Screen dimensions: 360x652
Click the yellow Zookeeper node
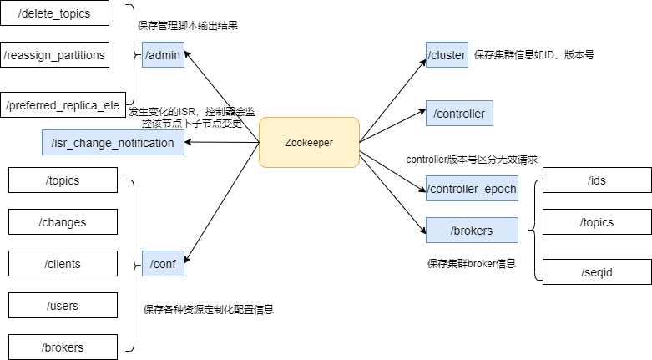pyautogui.click(x=309, y=143)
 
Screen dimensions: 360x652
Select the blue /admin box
pyautogui.click(x=163, y=55)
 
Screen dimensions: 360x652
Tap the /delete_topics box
pyautogui.click(x=54, y=14)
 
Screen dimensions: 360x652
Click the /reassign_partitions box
pyautogui.click(x=54, y=55)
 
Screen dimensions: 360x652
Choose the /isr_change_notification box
pyautogui.click(x=113, y=143)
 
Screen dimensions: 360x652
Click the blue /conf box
pyautogui.click(x=163, y=264)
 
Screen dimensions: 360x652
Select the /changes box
pyautogui.click(x=63, y=222)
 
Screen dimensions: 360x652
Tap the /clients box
pyautogui.click(x=63, y=264)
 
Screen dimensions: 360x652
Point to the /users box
pyautogui.click(x=63, y=306)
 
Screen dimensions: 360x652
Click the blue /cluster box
pyautogui.click(x=447, y=55)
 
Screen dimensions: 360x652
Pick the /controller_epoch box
pyautogui.click(x=472, y=189)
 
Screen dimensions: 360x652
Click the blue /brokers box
pyautogui.click(x=472, y=231)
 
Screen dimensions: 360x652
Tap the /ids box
pyautogui.click(x=597, y=180)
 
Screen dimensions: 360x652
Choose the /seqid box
pyautogui.click(x=597, y=272)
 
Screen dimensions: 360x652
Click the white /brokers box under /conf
pyautogui.click(x=63, y=347)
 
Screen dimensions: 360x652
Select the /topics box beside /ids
pyautogui.click(x=597, y=222)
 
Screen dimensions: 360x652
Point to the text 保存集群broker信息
pyautogui.click(x=472, y=263)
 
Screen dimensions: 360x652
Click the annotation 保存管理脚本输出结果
pyautogui.click(x=188, y=25)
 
